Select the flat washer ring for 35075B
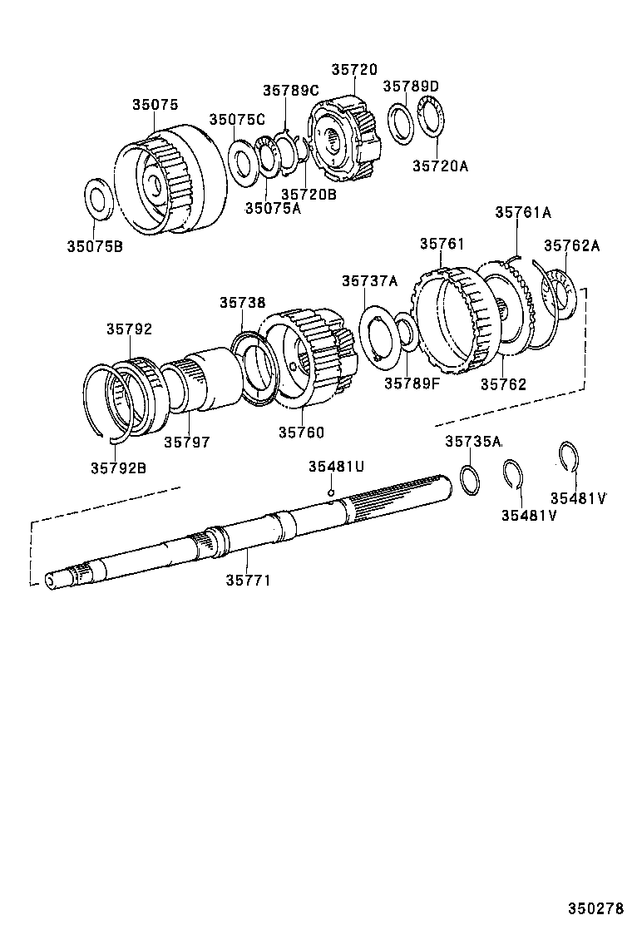point(101,200)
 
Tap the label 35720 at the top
point(354,71)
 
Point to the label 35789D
point(411,86)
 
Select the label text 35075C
point(237,120)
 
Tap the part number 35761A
point(523,212)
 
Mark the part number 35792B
point(118,467)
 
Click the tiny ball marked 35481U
point(330,492)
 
